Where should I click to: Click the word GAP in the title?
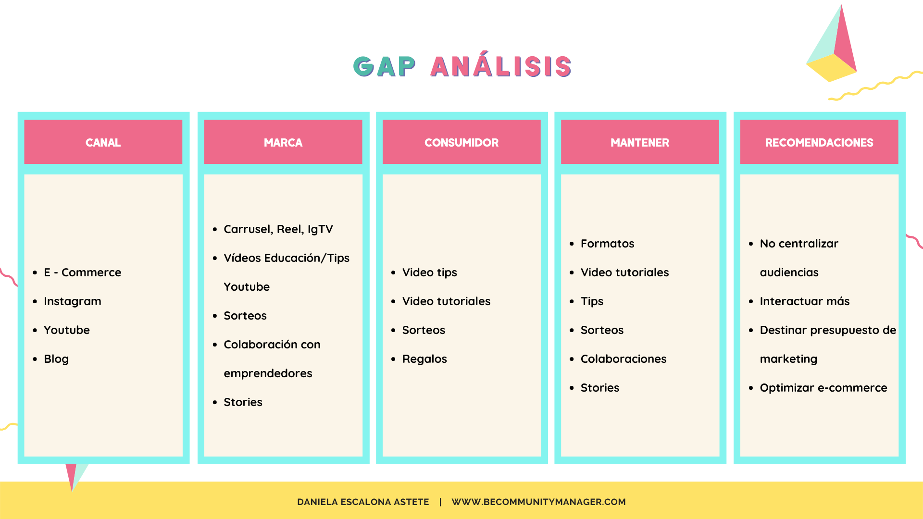click(x=385, y=66)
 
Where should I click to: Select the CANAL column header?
click(x=103, y=143)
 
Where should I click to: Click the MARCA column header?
click(x=283, y=143)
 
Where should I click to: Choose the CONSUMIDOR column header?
click(x=461, y=143)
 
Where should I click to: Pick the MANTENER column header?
click(x=640, y=143)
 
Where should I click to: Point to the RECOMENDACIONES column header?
click(x=819, y=143)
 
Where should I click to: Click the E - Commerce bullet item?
click(x=82, y=272)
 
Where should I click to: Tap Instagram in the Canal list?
click(x=73, y=301)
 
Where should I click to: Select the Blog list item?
click(x=56, y=359)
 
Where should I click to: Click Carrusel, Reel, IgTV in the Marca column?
click(x=278, y=229)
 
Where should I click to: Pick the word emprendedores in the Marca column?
click(x=268, y=373)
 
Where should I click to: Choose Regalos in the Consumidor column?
click(x=424, y=359)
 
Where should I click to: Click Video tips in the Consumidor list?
click(x=430, y=272)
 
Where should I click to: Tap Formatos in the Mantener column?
click(x=608, y=244)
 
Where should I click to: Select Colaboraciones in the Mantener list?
click(x=624, y=359)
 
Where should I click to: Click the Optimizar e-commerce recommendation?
click(x=823, y=388)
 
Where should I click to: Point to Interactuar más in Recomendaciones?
click(x=805, y=301)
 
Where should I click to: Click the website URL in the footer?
click(x=538, y=502)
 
